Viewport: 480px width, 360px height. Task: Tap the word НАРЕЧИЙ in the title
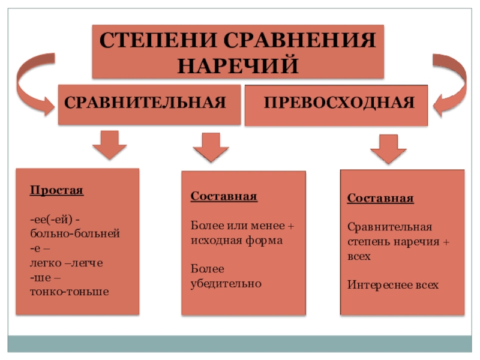pos(238,64)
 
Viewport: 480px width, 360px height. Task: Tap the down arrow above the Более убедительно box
pos(209,146)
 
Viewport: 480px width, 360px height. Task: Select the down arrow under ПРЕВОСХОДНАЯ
pos(389,148)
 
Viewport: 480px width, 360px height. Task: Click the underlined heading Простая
pos(56,191)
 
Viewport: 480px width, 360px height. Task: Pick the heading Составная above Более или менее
pos(224,197)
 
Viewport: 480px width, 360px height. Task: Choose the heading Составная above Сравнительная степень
pos(380,199)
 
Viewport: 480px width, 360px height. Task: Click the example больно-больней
pos(75,232)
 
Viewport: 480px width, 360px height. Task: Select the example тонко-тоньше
pos(69,292)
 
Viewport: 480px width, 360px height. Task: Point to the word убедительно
pos(226,283)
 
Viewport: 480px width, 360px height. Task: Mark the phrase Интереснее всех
pos(393,284)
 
